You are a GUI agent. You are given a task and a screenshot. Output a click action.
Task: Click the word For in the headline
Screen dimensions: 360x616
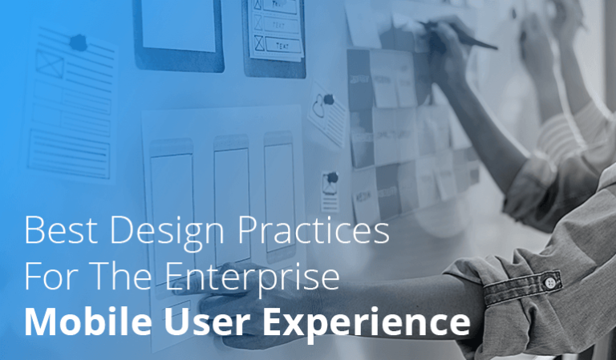pos(48,277)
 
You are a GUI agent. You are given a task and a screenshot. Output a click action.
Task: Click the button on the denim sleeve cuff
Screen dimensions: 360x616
pos(550,281)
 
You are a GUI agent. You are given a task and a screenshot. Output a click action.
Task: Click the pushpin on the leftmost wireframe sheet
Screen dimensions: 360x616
pos(79,42)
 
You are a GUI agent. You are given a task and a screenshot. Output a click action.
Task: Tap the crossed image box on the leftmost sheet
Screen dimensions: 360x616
pos(50,64)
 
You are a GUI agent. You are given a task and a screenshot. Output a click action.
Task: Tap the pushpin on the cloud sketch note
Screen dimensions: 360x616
pos(327,99)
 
